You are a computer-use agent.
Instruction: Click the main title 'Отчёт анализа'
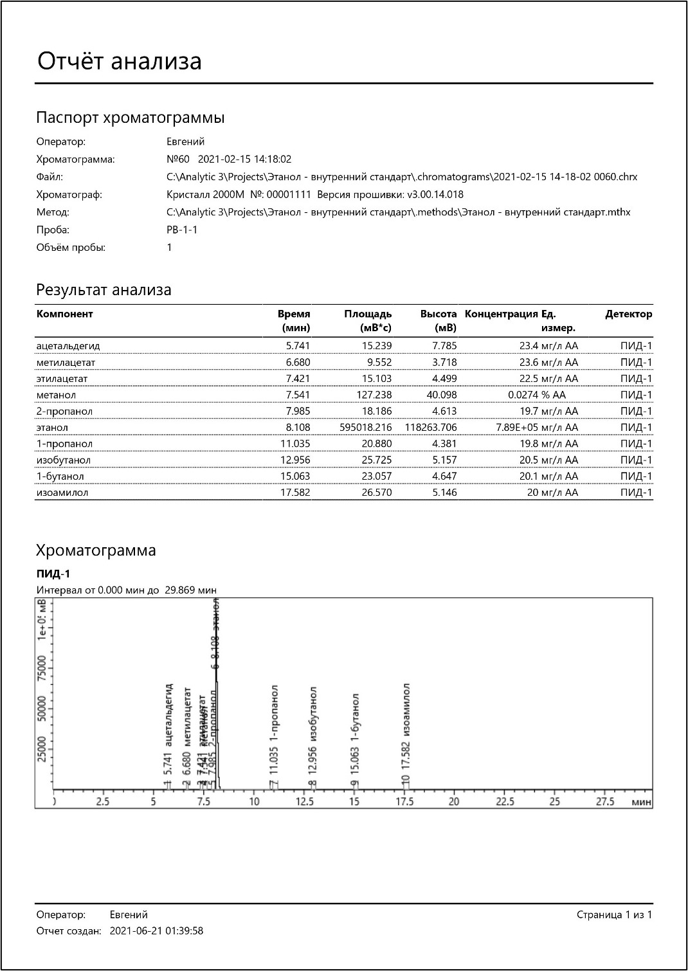coord(120,61)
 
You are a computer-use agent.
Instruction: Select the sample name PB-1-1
coord(182,230)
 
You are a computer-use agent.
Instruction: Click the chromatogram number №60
coord(178,159)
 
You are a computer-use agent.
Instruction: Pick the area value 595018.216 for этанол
coord(365,427)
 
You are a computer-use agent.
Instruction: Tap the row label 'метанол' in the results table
coord(56,395)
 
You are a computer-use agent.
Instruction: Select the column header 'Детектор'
coord(628,314)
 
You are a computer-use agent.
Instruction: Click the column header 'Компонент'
coord(65,314)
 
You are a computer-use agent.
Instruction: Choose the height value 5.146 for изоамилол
coord(444,493)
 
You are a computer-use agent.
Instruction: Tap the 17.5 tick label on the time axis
coord(405,801)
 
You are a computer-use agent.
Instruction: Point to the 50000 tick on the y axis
coord(42,709)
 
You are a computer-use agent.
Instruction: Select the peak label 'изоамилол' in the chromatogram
coord(406,709)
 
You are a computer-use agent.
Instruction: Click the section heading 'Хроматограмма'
coord(96,550)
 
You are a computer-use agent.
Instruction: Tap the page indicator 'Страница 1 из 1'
coord(614,914)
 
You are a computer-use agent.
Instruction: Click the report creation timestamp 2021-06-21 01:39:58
coord(156,930)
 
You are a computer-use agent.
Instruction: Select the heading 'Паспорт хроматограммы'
coord(130,118)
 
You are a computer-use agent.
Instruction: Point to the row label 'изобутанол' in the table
coord(64,460)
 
